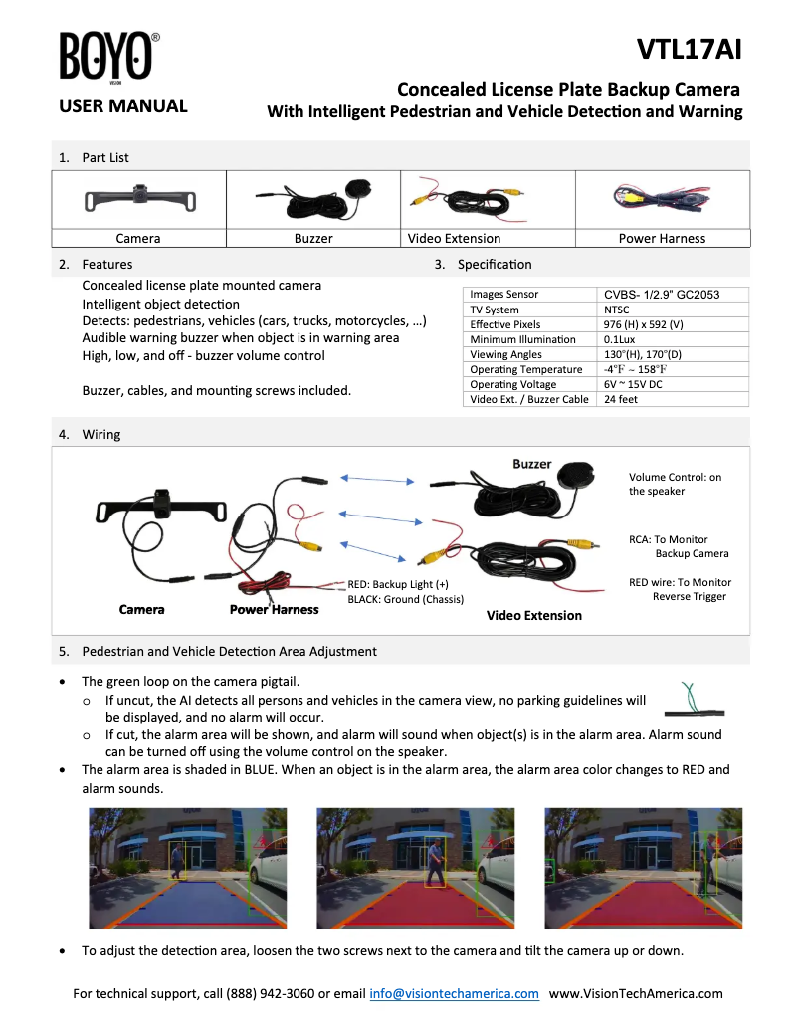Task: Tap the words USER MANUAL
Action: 123,106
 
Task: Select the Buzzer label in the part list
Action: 313,239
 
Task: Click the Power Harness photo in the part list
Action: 661,200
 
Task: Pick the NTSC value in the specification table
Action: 618,310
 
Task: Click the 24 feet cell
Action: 621,399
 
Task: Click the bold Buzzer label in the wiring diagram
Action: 531,464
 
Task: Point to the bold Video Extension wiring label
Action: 533,615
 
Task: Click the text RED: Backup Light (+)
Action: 398,584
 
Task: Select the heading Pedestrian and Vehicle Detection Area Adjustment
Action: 229,652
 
